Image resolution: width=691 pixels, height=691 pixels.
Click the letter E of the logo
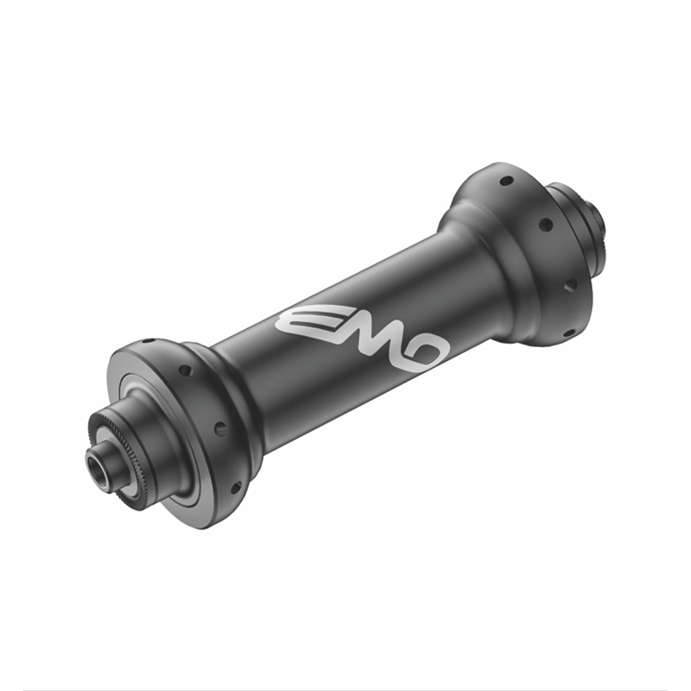[300, 319]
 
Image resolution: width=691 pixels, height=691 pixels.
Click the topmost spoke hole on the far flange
[507, 181]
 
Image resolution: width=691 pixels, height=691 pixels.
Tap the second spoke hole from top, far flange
[546, 225]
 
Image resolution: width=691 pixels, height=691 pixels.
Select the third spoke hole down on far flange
[570, 285]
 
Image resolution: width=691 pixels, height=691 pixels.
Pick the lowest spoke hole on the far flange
[569, 333]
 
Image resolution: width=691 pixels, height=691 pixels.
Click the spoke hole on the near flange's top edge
[149, 340]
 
